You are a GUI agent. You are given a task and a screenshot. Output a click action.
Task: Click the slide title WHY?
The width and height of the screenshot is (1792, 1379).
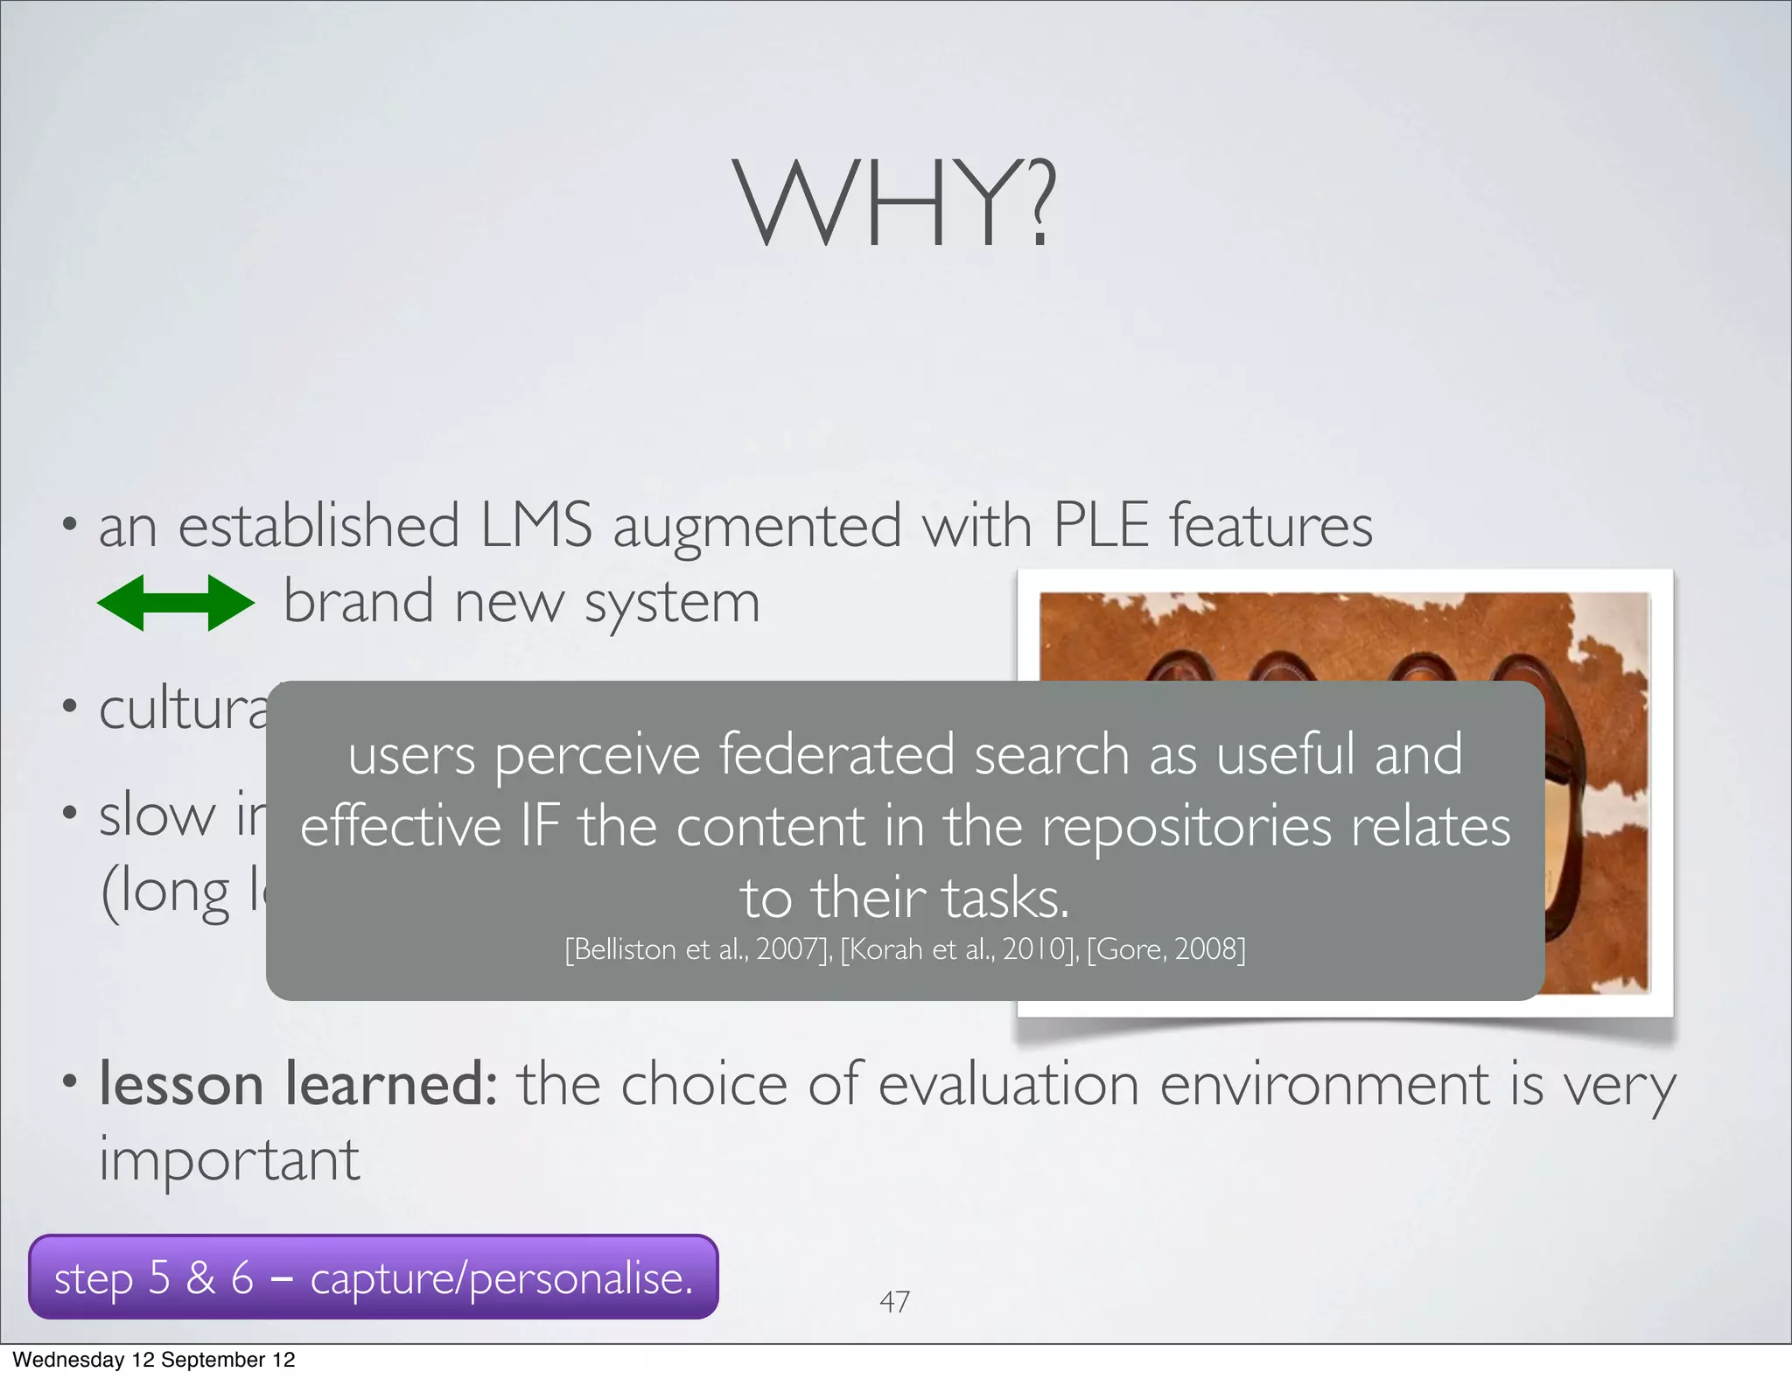tap(894, 203)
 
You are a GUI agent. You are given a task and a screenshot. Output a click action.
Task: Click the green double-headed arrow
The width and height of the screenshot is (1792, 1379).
tap(175, 603)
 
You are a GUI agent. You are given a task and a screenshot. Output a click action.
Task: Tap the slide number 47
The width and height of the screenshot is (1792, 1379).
tap(894, 1301)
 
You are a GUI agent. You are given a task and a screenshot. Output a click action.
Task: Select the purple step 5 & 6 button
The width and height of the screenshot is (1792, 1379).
tap(374, 1277)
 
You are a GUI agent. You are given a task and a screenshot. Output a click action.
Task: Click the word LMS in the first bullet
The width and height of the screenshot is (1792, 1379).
tap(535, 525)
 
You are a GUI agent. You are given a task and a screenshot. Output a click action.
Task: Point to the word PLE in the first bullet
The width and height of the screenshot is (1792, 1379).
tap(1100, 525)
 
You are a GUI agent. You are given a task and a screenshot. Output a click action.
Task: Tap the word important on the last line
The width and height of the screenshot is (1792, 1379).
tap(229, 1160)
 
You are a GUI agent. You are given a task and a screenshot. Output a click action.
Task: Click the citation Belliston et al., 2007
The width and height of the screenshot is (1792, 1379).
tap(698, 949)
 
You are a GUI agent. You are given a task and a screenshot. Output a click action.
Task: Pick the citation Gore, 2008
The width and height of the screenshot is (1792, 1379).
tap(1165, 949)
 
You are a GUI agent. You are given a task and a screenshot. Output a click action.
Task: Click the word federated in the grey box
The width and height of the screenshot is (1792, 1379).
tap(836, 754)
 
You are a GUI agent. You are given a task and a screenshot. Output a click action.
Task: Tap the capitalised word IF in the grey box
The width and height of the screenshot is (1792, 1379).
tap(539, 826)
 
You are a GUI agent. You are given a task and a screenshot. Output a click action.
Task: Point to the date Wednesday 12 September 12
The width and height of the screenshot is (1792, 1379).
tap(154, 1360)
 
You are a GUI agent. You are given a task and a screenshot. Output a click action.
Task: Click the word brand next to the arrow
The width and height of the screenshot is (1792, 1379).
tap(359, 603)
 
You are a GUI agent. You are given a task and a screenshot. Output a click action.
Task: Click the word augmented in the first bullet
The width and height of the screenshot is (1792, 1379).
tap(757, 527)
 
